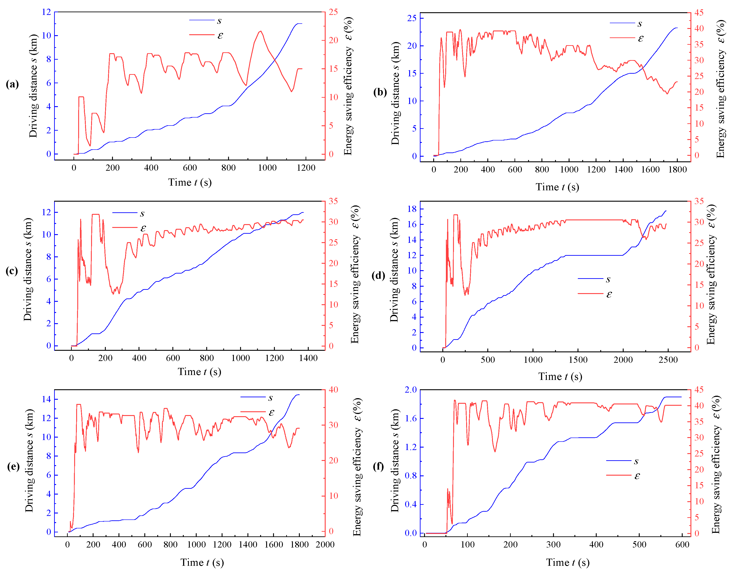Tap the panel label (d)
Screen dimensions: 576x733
click(x=378, y=276)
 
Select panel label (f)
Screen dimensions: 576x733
click(x=378, y=466)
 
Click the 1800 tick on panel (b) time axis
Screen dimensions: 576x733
click(x=677, y=170)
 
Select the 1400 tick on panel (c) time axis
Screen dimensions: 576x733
click(x=308, y=358)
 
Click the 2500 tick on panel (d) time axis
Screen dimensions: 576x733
click(x=668, y=360)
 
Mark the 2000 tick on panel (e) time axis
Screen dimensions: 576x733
click(x=325, y=545)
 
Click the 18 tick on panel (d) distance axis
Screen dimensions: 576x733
click(x=412, y=209)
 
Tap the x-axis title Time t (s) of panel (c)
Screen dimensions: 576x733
click(x=199, y=372)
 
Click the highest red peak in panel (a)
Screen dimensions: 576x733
click(x=260, y=31)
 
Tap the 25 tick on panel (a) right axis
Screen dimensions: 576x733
click(x=333, y=12)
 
